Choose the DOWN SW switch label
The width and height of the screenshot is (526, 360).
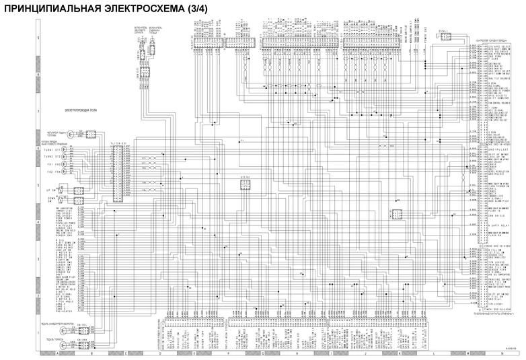point(50,199)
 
